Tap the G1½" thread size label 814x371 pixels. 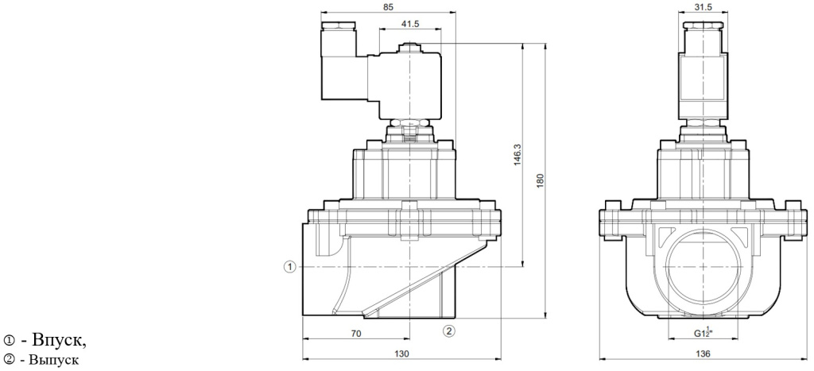click(700, 334)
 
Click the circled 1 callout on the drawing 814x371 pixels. click(291, 266)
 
